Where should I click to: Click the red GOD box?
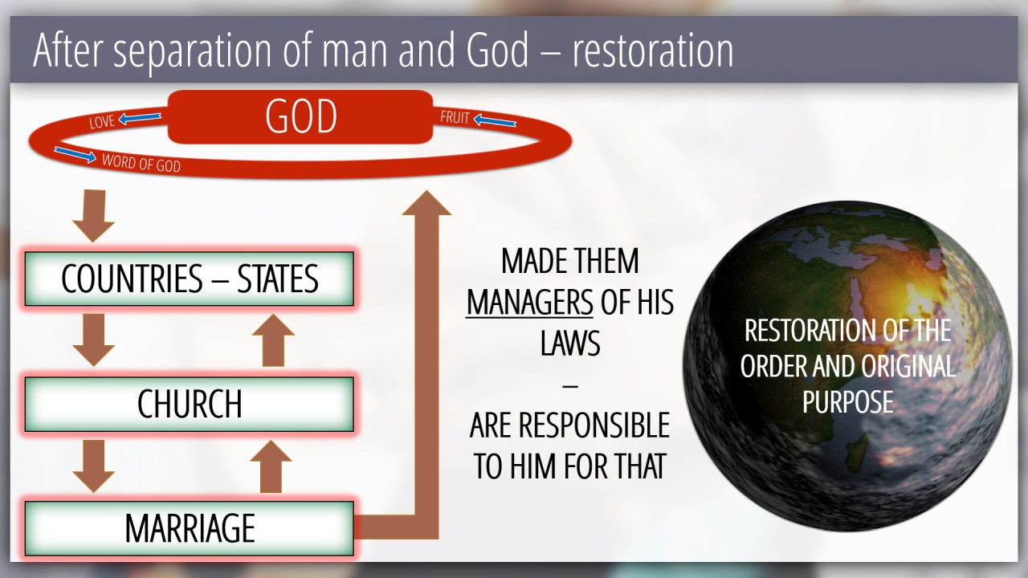click(300, 117)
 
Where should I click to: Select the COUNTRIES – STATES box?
click(189, 279)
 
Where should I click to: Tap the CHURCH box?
click(189, 404)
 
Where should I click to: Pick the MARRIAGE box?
click(189, 528)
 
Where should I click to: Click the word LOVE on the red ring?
click(102, 121)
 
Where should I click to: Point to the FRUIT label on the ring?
click(455, 117)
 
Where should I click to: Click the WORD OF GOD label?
click(141, 163)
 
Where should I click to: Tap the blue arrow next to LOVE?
click(140, 118)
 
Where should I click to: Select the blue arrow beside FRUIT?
click(495, 120)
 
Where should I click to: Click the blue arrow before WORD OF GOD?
click(75, 155)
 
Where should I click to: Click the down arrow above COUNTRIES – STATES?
click(94, 216)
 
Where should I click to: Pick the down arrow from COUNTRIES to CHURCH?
click(94, 340)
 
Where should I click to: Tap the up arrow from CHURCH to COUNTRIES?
click(273, 340)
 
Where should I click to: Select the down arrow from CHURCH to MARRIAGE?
click(94, 466)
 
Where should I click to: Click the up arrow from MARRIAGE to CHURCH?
click(271, 466)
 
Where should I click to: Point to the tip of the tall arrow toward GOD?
click(426, 191)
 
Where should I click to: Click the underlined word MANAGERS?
click(529, 303)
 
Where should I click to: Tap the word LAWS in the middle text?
click(570, 343)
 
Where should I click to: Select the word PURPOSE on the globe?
click(847, 402)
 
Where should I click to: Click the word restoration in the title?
click(653, 51)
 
